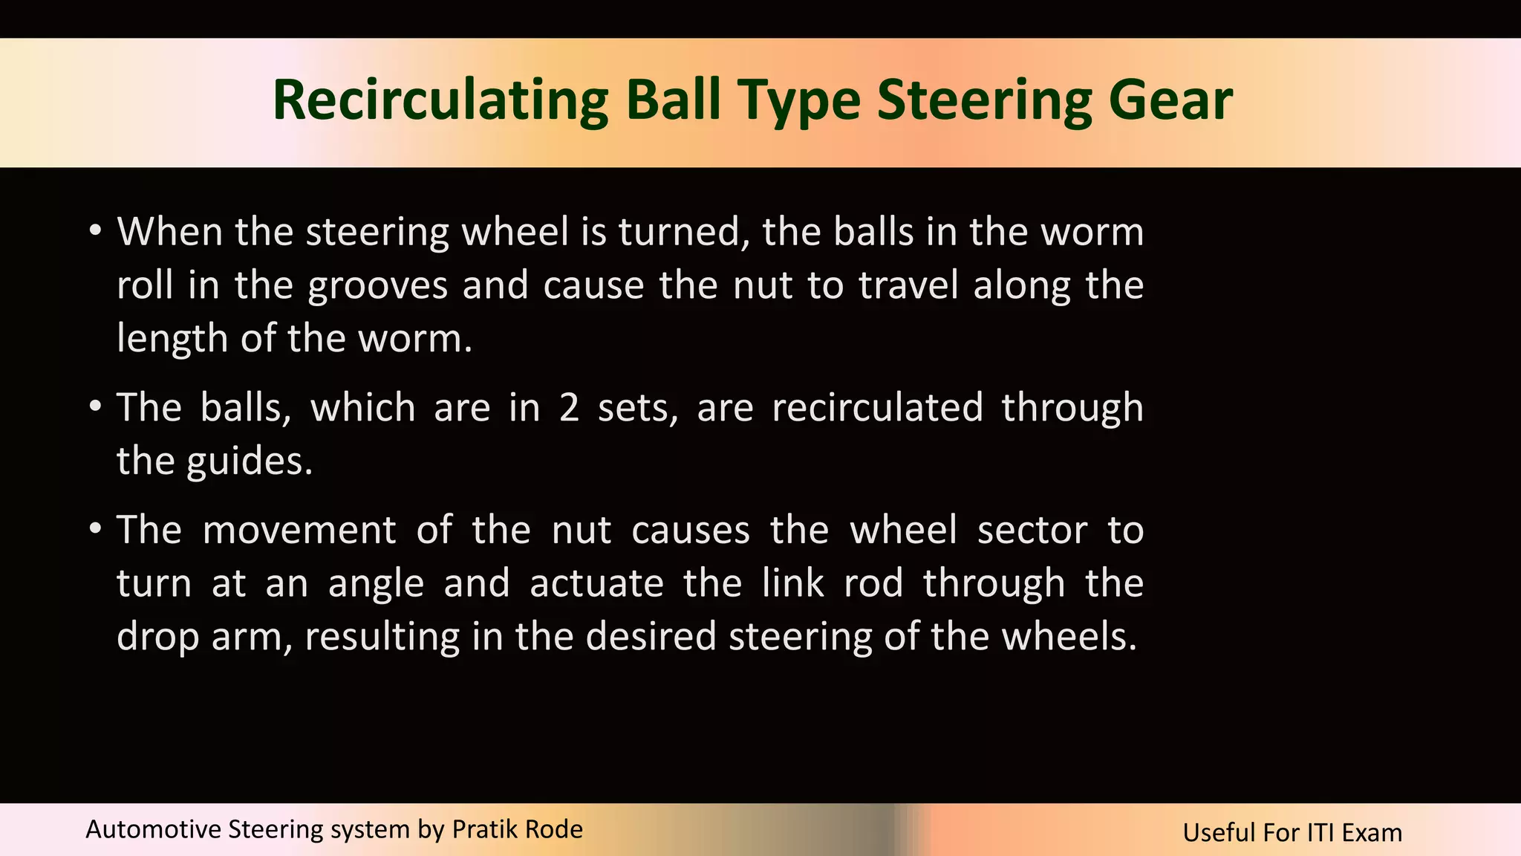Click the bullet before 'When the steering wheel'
pos(94,231)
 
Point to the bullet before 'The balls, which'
pos(94,407)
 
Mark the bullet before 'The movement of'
pos(94,530)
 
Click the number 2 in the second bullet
pos(569,408)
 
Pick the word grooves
pos(378,286)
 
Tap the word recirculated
pos(877,408)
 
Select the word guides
pos(250,462)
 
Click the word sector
pos(1032,531)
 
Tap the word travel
pos(908,285)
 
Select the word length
pos(172,340)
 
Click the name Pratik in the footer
pos(480,829)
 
